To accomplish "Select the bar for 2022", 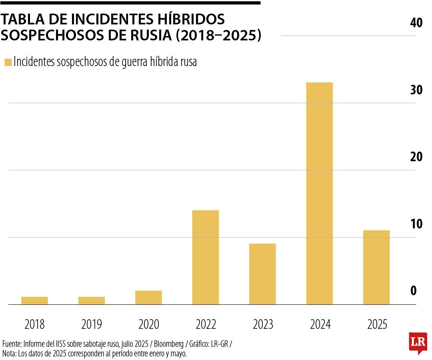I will click(205, 257).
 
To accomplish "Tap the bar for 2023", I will click(262, 274).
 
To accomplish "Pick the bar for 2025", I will click(376, 267).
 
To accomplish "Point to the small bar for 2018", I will click(34, 300).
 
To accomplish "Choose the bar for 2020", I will click(148, 298).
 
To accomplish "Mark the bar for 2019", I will click(92, 300).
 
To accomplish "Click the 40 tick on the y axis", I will click(416, 23).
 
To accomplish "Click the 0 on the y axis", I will click(414, 291).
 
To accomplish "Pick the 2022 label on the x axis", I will click(206, 324).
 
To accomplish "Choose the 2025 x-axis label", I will click(377, 324).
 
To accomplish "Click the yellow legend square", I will click(8, 62).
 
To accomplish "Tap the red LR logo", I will click(418, 342).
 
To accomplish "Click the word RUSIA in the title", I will click(150, 35).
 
